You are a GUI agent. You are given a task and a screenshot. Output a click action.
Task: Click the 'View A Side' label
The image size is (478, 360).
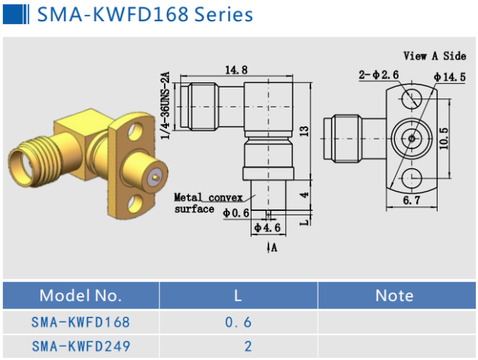(435, 56)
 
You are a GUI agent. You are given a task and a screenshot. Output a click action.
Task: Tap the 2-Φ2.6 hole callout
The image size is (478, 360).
(379, 75)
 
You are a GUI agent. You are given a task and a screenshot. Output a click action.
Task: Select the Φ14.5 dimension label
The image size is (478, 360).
(449, 76)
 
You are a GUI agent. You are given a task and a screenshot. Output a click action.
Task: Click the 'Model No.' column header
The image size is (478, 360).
(80, 295)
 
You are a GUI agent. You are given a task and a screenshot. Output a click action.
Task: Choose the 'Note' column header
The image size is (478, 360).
(394, 295)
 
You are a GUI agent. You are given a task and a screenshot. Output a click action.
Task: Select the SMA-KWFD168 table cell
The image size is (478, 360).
(80, 322)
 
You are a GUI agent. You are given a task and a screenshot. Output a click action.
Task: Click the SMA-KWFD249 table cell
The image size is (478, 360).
(80, 345)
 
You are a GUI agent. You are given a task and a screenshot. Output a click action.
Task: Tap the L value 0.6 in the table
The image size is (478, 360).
(238, 322)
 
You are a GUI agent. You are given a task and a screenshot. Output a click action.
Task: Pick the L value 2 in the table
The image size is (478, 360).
(248, 345)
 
